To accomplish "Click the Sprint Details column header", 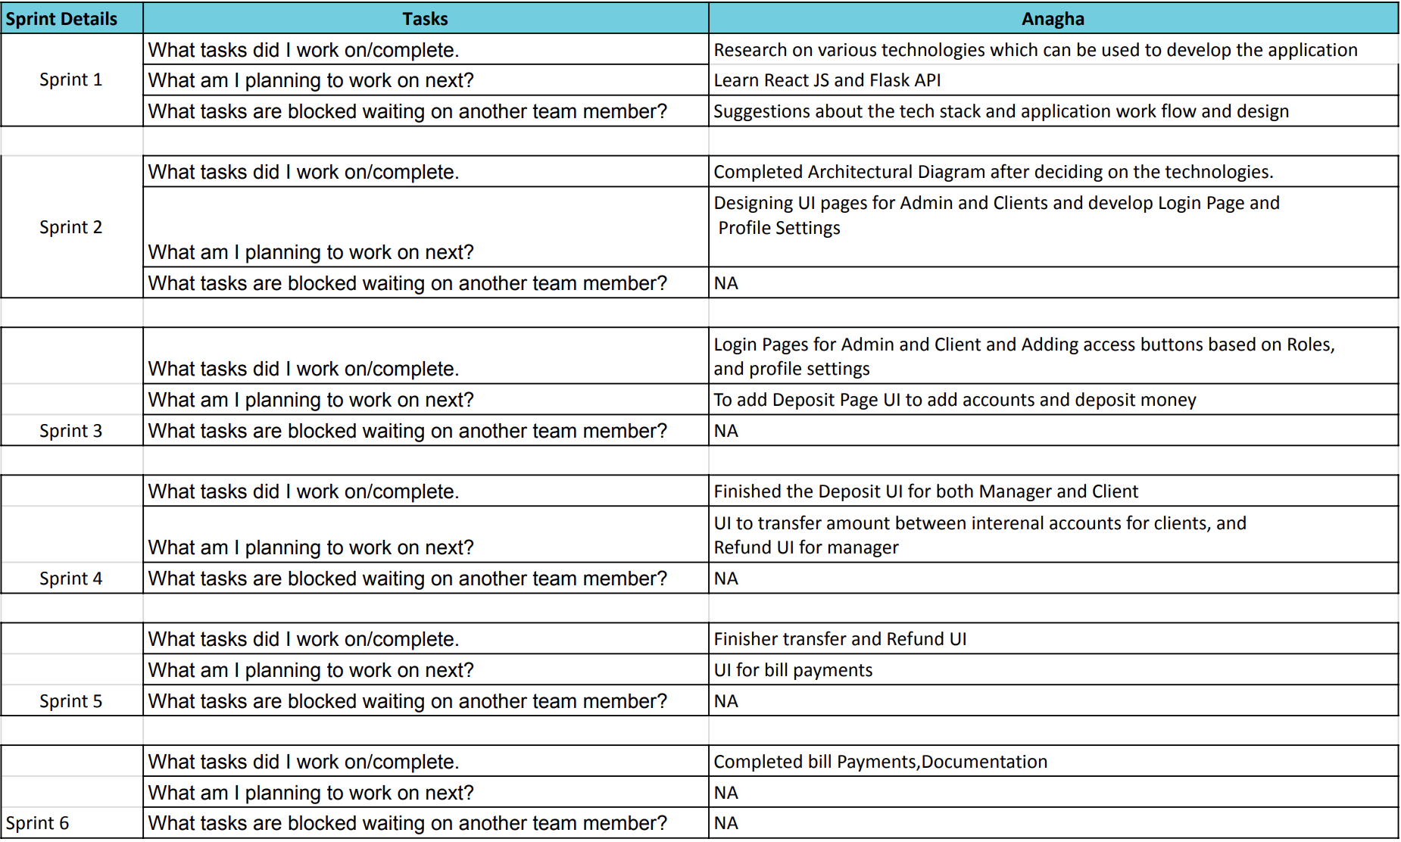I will [61, 19].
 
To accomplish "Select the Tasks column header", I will [425, 19].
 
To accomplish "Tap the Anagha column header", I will [1053, 19].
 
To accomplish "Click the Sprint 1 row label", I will [70, 80].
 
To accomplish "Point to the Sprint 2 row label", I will [70, 227].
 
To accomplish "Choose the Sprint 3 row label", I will [70, 431].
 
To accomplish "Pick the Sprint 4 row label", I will [70, 578].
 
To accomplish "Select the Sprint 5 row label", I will [70, 701].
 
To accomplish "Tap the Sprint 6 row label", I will [37, 823].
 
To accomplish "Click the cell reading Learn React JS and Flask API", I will [827, 80].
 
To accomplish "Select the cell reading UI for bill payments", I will [793, 670].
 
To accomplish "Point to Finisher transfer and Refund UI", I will [840, 639].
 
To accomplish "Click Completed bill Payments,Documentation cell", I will [880, 762].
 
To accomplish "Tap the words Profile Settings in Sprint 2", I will [779, 228].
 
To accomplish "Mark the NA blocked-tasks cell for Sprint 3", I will [725, 431].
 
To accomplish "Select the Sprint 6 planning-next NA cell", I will [725, 793].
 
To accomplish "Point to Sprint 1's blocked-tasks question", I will [407, 111].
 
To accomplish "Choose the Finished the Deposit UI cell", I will [925, 491].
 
